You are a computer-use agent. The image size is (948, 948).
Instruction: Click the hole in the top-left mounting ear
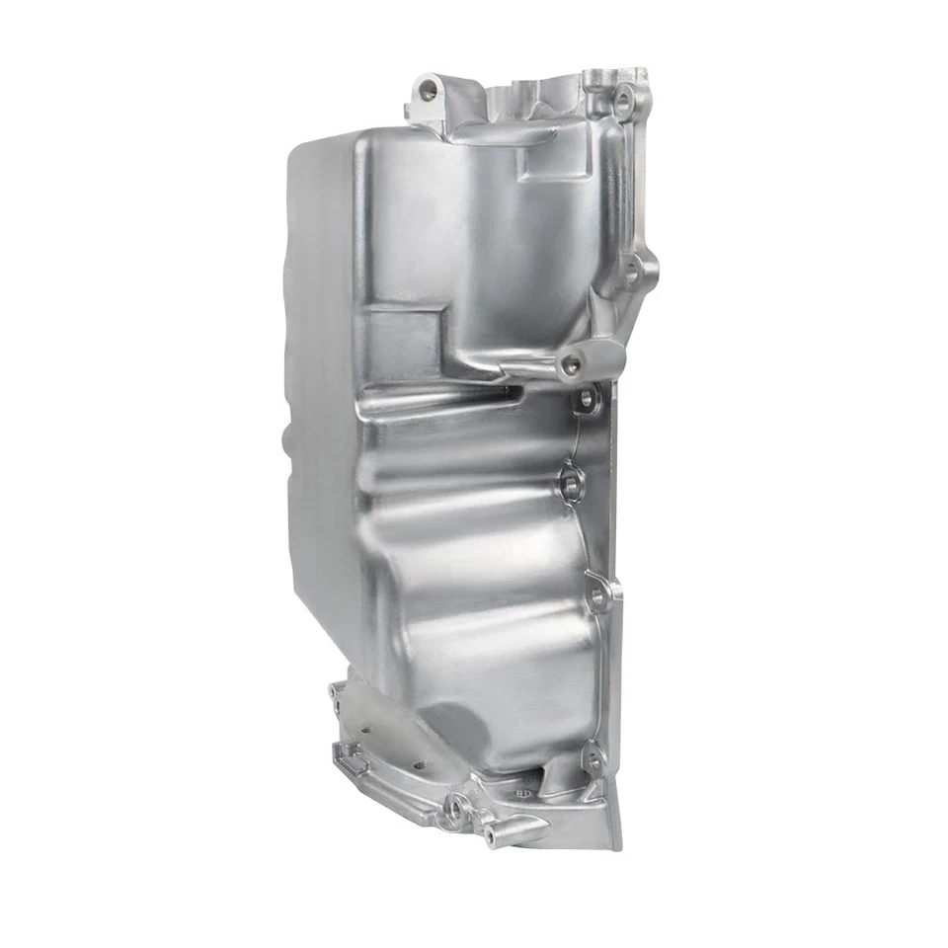[x=428, y=90]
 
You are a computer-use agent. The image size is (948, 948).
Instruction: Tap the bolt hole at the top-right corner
[x=623, y=99]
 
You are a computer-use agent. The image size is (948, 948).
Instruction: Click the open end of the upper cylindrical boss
[x=571, y=366]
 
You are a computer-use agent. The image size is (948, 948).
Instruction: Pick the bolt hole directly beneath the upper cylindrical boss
[x=587, y=400]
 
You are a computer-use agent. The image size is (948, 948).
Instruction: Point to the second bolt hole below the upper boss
[x=572, y=484]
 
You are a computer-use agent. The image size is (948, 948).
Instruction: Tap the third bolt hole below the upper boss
[x=597, y=595]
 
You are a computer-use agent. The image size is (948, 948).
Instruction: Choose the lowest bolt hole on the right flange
[x=592, y=760]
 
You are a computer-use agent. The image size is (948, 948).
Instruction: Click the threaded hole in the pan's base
[x=523, y=792]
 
